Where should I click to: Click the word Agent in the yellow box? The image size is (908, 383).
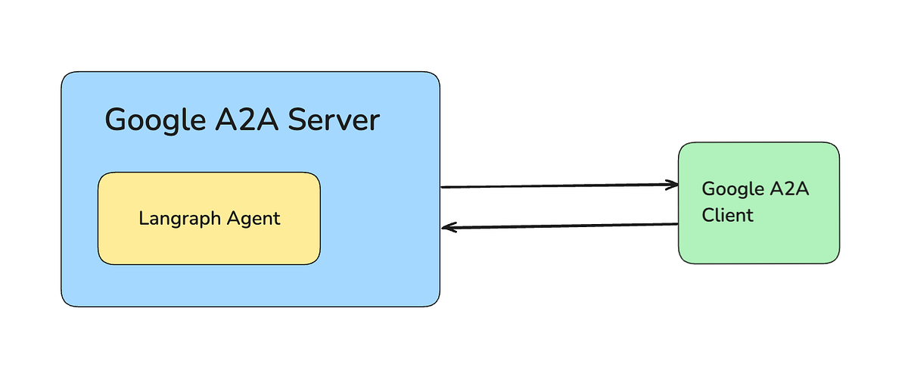click(x=253, y=220)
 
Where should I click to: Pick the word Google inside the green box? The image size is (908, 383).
click(x=729, y=189)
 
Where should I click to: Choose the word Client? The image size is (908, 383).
click(x=727, y=215)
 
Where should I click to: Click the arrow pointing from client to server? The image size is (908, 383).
click(x=560, y=226)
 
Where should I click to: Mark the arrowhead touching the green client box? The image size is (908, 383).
click(x=673, y=184)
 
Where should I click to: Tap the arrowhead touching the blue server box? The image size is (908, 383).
click(x=447, y=227)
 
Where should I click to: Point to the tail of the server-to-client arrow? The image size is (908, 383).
click(x=443, y=186)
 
